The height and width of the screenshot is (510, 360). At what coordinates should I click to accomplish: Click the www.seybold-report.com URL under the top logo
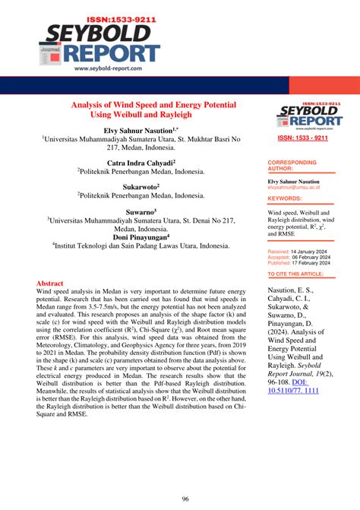pyautogui.click(x=112, y=68)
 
